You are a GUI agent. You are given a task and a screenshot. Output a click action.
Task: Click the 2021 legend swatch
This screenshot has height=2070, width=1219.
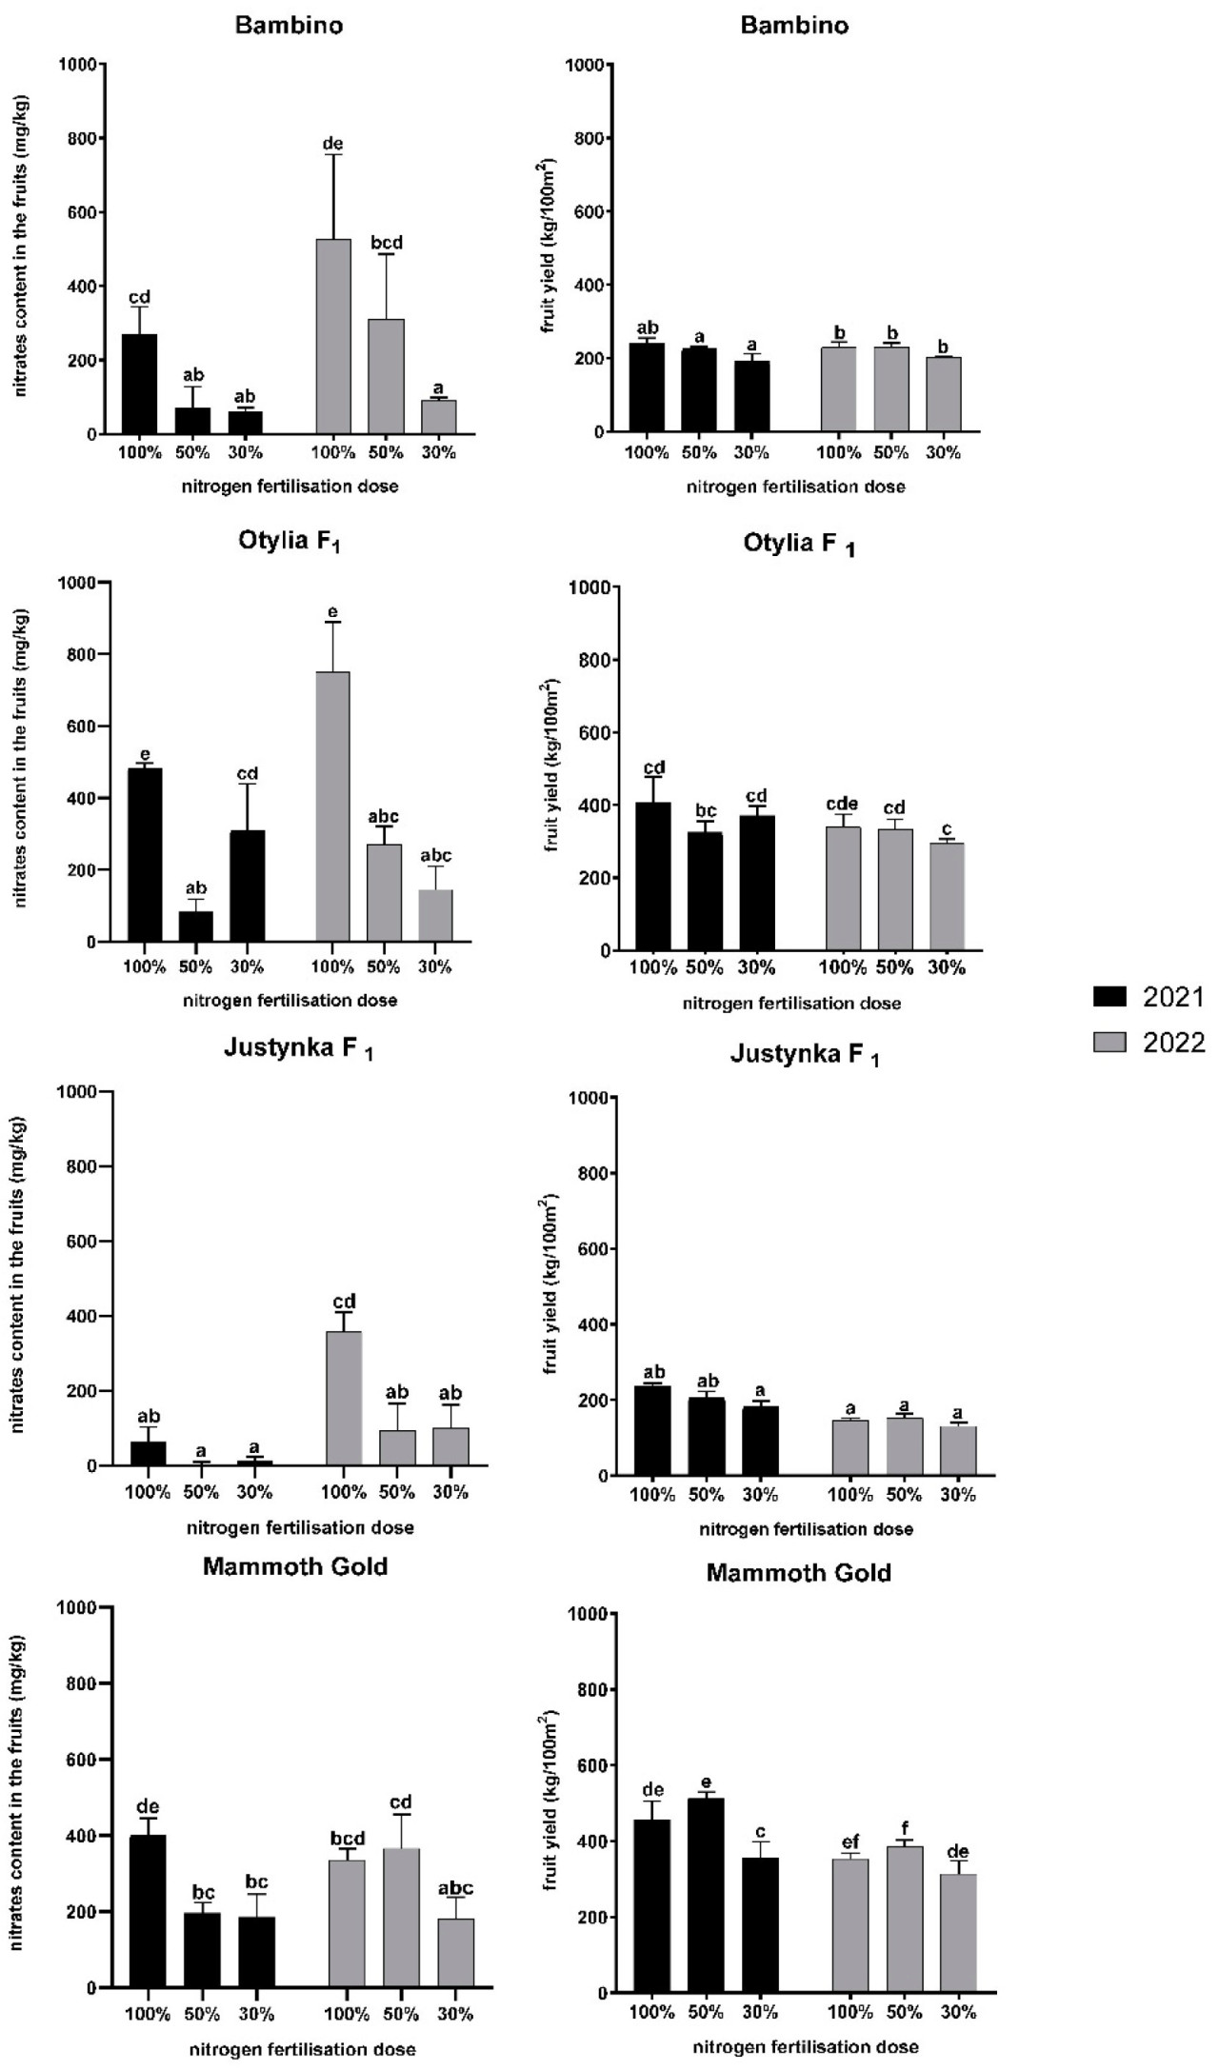point(1108,997)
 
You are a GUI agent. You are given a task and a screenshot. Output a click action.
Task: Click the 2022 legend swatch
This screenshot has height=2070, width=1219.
point(1108,1043)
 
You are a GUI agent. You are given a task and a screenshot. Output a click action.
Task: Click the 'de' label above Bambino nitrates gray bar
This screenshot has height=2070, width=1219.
point(332,144)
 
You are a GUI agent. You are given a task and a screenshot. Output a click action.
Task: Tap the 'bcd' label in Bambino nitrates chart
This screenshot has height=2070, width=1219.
point(387,243)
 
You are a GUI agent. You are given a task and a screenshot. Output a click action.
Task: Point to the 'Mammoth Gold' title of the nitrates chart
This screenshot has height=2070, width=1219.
point(295,1566)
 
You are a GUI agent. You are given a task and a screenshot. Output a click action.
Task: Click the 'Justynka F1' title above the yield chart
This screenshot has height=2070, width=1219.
point(805,1055)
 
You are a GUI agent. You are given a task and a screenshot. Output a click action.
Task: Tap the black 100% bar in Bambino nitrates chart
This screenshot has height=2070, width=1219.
point(140,384)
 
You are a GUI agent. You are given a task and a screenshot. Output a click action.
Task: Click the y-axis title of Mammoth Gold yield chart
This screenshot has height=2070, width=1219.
point(550,1790)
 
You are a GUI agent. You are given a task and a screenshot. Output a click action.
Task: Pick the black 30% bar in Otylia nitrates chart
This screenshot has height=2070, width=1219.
point(248,886)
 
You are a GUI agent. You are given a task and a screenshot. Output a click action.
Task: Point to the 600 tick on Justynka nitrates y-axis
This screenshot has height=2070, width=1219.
point(87,1242)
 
